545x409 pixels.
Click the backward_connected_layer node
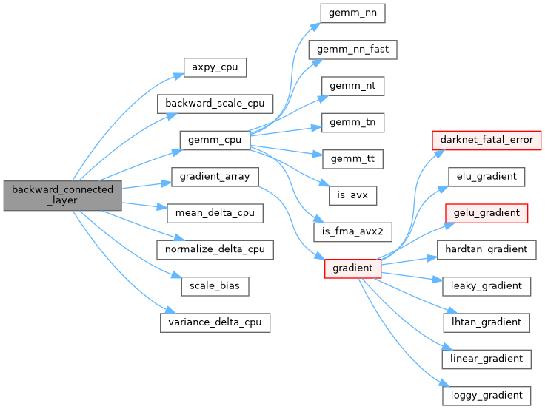click(62, 195)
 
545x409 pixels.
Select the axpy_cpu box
click(215, 67)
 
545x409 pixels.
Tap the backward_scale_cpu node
click(215, 104)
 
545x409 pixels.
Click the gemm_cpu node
click(214, 140)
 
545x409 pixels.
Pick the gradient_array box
click(215, 177)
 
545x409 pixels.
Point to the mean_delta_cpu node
click(215, 213)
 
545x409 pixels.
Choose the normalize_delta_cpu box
click(215, 249)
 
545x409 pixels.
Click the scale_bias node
click(215, 285)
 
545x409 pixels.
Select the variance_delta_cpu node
click(215, 322)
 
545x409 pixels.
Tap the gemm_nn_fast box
click(353, 50)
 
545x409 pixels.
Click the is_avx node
click(353, 195)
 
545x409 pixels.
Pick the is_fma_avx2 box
click(353, 231)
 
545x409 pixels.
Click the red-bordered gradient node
click(353, 268)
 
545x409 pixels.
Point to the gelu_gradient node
click(487, 213)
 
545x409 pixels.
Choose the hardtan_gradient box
click(487, 249)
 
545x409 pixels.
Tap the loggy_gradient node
click(487, 395)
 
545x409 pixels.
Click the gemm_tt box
click(353, 158)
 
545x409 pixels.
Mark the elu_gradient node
click(487, 177)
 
